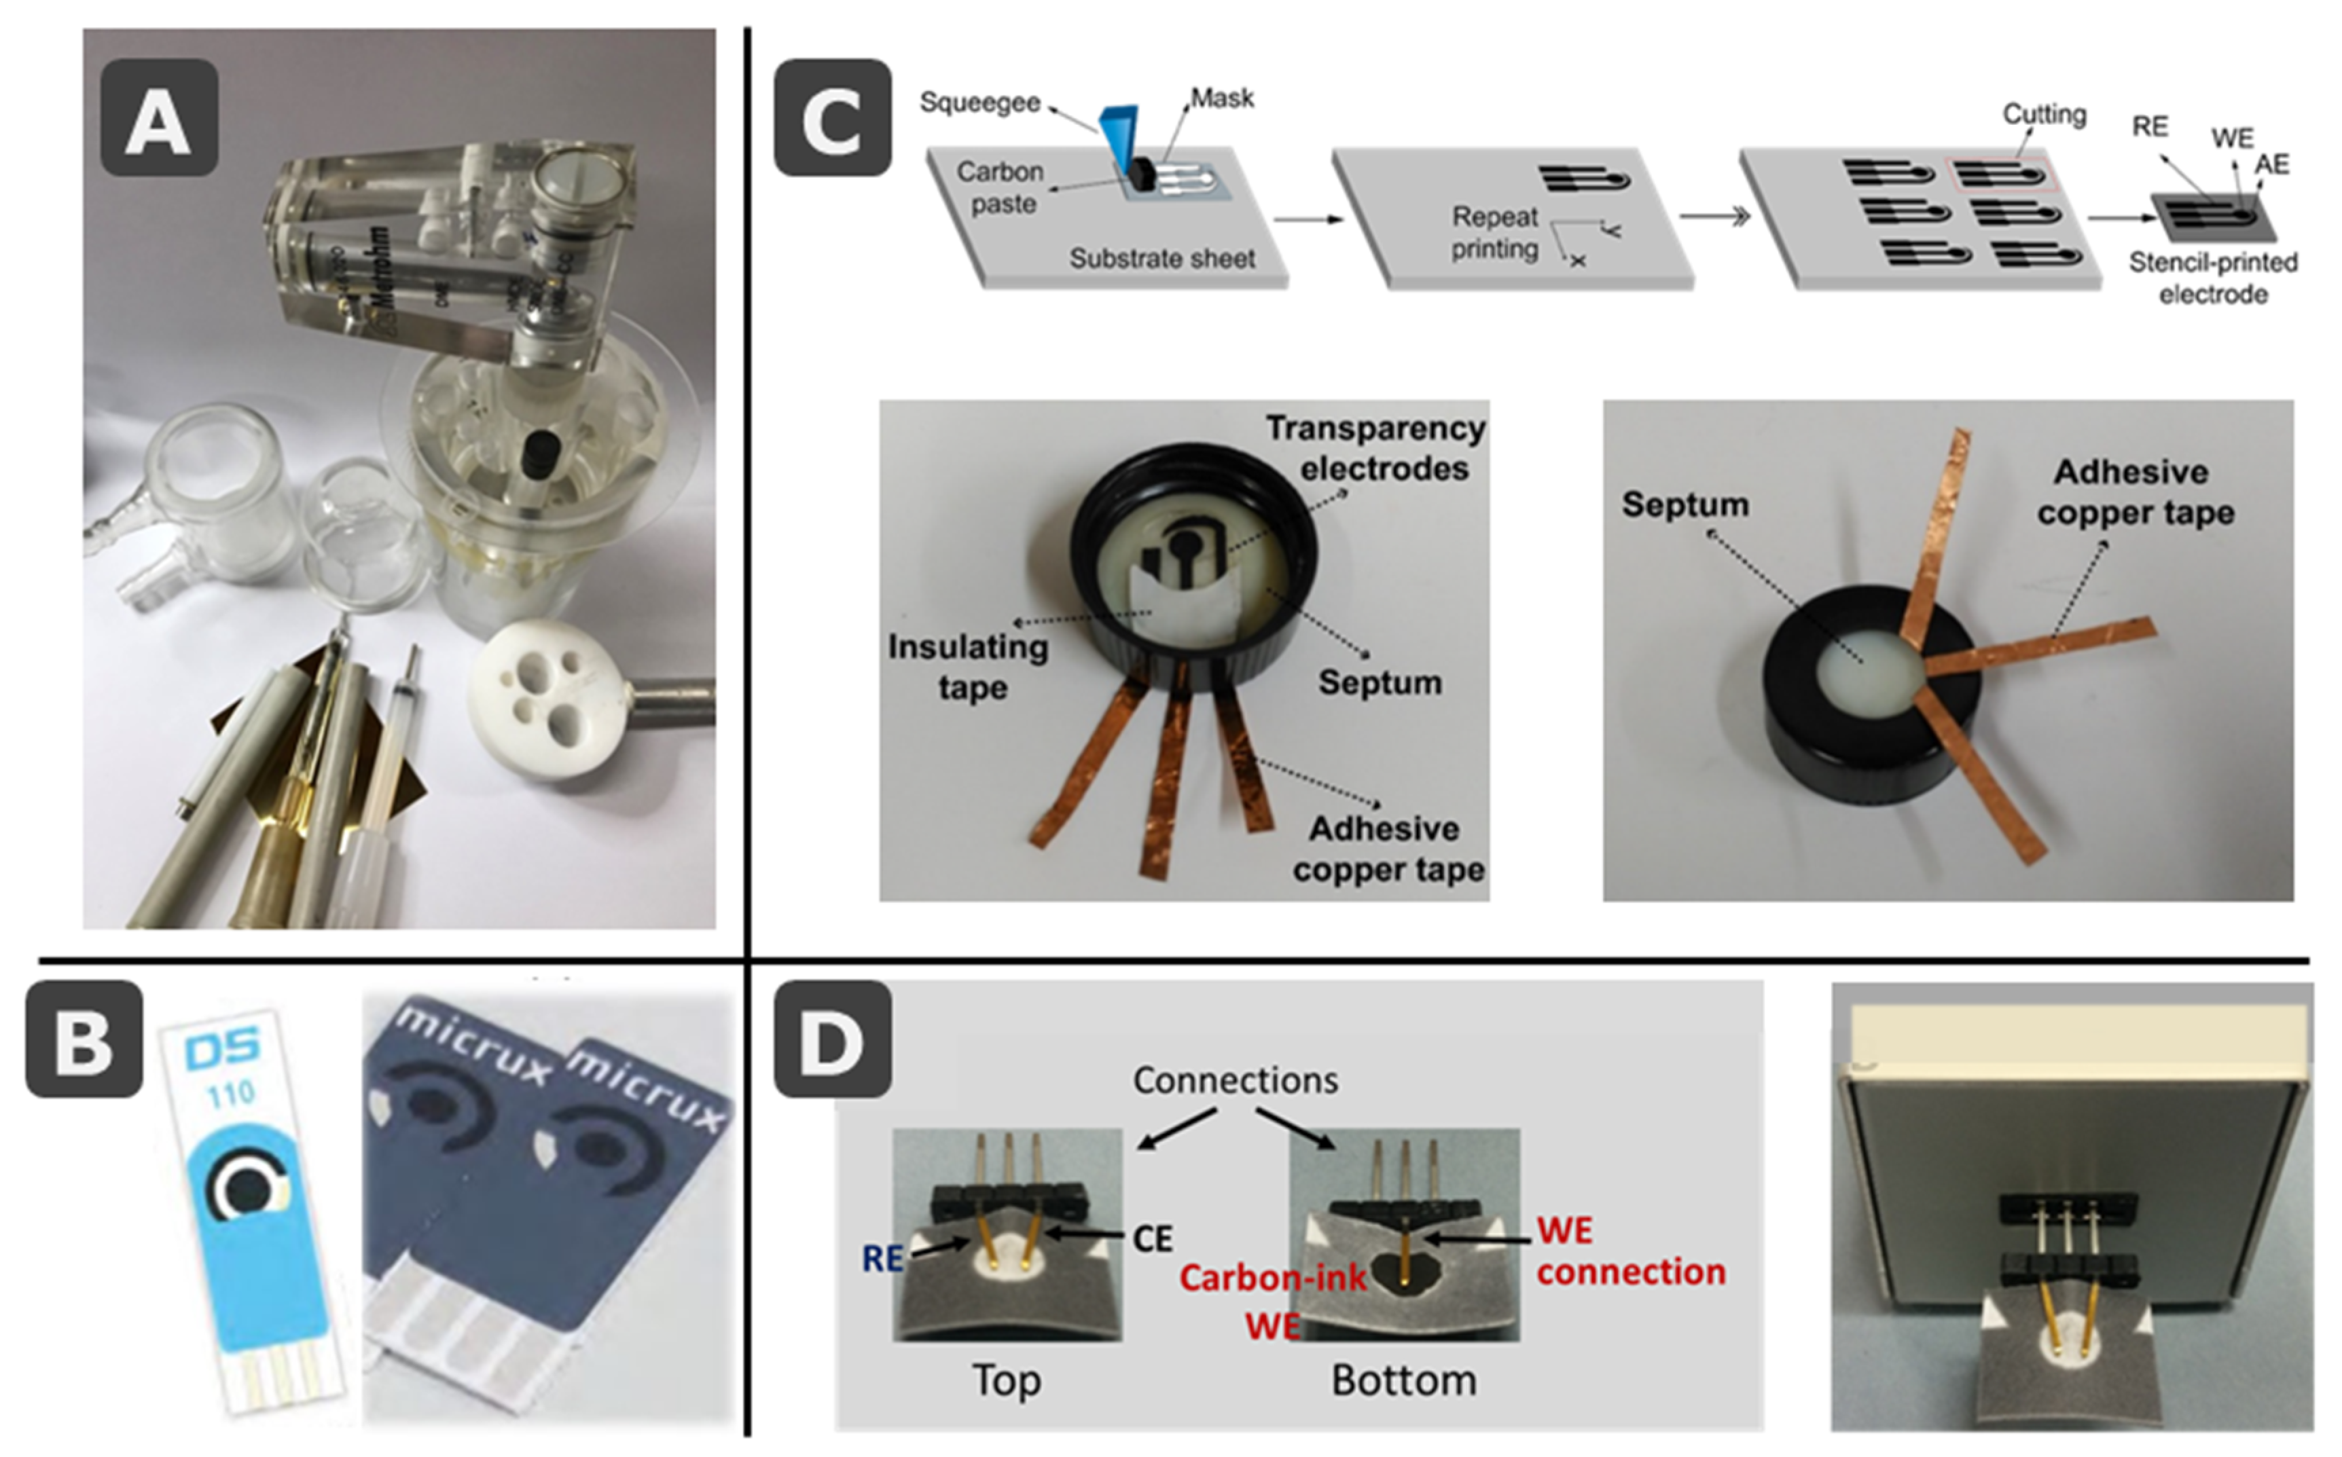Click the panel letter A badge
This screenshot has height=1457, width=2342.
(x=158, y=117)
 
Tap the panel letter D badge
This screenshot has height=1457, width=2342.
(x=832, y=1039)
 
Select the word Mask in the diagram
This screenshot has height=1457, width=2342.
(x=1221, y=98)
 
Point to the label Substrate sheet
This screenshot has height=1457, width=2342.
(x=1162, y=258)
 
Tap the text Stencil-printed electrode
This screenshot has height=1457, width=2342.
(x=2213, y=278)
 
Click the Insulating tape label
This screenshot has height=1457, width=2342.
(x=968, y=667)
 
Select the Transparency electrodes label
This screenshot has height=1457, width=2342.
(x=1375, y=448)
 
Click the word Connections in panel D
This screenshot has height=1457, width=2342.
(x=1235, y=1080)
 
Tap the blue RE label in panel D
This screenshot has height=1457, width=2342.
(x=882, y=1257)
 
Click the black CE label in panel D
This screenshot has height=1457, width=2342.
(x=1153, y=1238)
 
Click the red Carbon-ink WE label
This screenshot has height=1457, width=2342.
(x=1272, y=1300)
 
